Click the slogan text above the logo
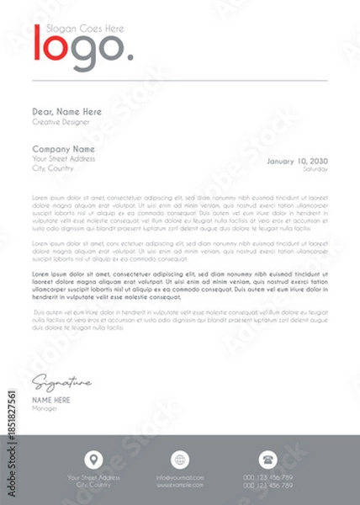(85, 29)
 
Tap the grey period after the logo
(129, 57)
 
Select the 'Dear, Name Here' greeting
(66, 112)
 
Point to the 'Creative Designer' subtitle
(59, 122)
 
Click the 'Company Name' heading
(63, 149)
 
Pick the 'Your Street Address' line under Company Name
(64, 159)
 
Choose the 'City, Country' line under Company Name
(53, 168)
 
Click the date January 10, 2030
(297, 160)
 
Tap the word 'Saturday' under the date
(315, 169)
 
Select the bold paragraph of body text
(179, 285)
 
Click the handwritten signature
(61, 384)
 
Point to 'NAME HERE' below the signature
(51, 400)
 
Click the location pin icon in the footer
(93, 460)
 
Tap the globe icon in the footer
(180, 460)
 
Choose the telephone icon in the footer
(268, 460)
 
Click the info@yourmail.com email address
(180, 478)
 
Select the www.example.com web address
(180, 486)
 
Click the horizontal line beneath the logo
(179, 80)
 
